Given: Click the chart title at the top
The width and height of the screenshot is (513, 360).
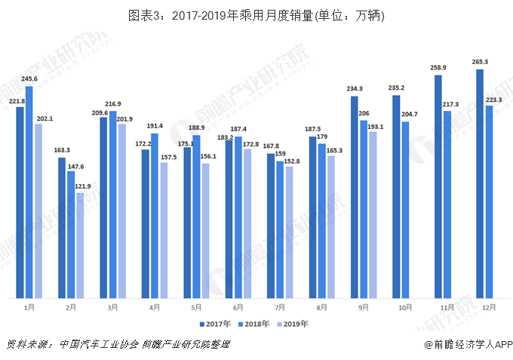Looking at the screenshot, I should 256,15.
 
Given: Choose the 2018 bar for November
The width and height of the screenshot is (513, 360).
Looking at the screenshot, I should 447,205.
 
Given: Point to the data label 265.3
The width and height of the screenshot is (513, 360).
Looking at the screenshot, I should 480,62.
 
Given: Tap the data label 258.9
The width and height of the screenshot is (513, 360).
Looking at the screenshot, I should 438,68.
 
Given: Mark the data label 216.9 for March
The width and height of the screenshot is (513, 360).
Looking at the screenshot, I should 113,104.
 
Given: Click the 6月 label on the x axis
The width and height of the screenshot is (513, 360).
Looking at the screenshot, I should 238,308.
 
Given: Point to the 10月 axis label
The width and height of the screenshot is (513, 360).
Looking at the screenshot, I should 405,308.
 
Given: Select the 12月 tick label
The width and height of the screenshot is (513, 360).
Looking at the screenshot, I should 489,308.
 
